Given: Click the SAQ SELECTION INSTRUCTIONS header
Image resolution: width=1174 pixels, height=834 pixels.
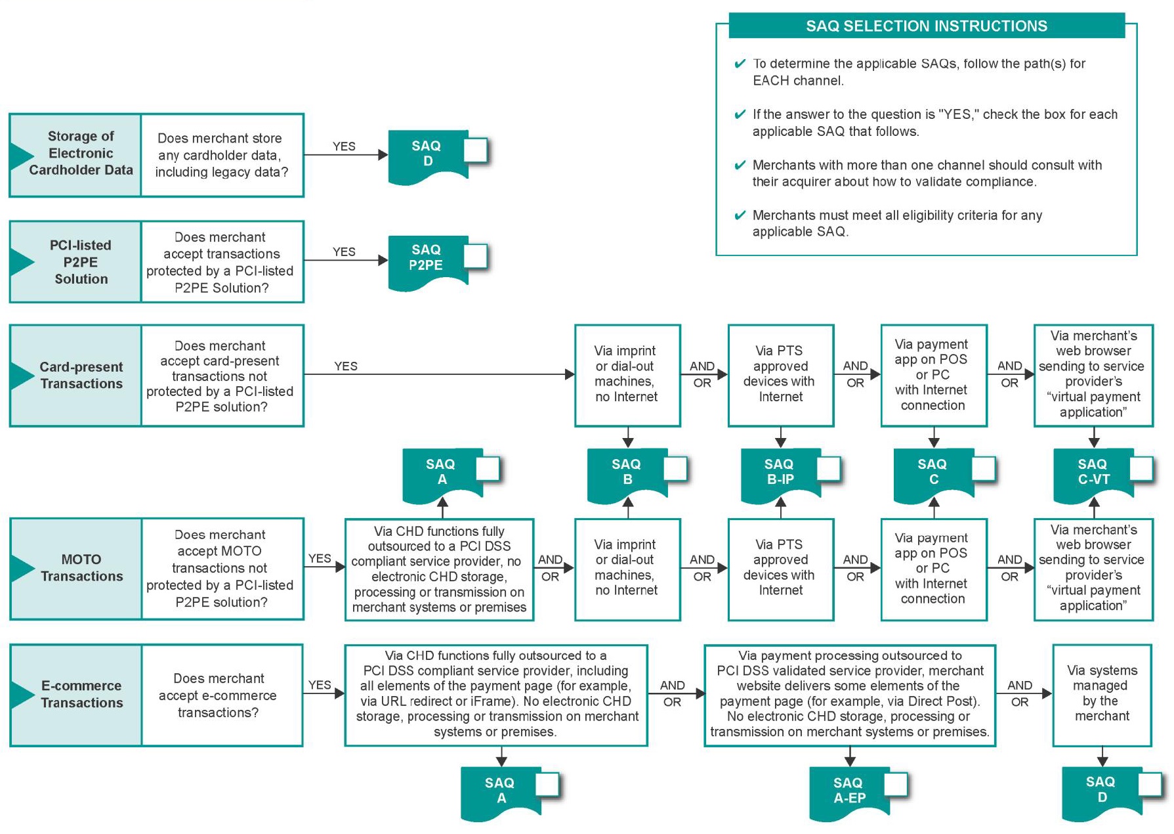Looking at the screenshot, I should pos(926,26).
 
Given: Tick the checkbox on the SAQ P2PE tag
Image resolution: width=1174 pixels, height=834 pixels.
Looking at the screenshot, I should pos(475,256).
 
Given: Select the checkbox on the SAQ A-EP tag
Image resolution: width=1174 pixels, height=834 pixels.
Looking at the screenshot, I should pos(896,785).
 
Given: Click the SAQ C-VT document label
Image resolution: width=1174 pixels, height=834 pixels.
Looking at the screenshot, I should pos(1093,472).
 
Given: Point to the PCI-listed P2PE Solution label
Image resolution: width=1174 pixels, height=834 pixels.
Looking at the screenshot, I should pos(80,262).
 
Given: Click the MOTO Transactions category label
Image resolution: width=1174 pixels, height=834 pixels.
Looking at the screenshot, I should pos(81,568).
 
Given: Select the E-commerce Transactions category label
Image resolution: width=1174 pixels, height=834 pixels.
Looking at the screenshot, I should pos(81,694).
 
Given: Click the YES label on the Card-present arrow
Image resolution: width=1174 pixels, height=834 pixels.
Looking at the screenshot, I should pos(346,366).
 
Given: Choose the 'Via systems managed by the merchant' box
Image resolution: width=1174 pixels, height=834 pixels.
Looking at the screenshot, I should pos(1102,694).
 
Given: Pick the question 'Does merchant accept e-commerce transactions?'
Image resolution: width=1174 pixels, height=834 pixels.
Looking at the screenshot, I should pos(219,695).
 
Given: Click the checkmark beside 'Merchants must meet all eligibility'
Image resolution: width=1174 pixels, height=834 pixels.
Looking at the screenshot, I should pos(740,215).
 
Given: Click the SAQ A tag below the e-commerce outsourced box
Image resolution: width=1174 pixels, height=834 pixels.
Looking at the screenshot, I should pos(500,791).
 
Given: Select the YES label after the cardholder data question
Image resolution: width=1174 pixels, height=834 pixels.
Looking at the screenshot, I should pos(344,146).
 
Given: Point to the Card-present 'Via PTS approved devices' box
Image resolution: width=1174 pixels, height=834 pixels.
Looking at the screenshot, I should pos(780,375).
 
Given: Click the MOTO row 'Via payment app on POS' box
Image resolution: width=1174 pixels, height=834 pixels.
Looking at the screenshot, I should pos(933,569).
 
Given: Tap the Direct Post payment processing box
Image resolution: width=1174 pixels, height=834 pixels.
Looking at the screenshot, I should pos(850,694).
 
